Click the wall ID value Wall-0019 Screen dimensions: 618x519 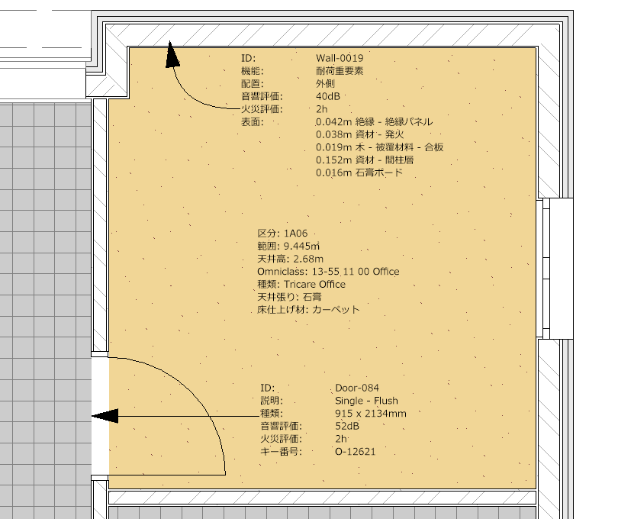340,58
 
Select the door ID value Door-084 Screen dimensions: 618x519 357,388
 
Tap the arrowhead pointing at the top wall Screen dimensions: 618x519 172,54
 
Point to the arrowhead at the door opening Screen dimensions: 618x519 105,416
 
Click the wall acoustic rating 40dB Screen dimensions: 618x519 327,97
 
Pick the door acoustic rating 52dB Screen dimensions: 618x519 347,427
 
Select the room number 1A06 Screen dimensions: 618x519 295,234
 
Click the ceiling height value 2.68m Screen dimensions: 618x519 308,259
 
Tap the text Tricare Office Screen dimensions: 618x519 314,285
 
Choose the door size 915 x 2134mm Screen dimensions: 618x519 371,414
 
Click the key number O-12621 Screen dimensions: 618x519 355,452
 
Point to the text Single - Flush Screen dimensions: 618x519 366,401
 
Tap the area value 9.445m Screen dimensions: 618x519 301,247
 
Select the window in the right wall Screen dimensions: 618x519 555,269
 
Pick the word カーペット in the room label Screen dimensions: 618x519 336,310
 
